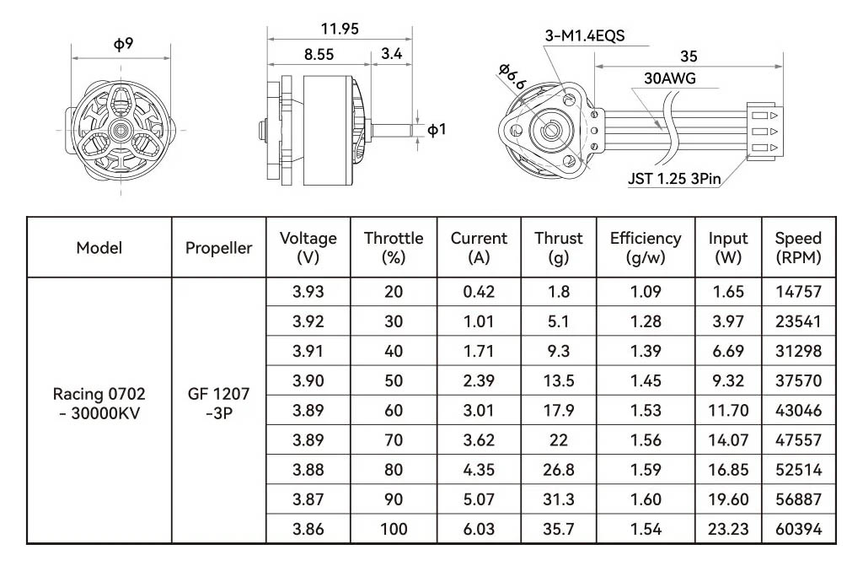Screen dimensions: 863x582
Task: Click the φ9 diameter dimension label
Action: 123,44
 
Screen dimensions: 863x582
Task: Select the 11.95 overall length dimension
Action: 340,29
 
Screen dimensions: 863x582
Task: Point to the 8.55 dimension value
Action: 319,55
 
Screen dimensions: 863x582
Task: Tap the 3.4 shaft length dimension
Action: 391,54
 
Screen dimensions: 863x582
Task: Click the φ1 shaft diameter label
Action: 437,130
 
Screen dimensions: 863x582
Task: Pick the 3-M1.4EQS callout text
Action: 585,35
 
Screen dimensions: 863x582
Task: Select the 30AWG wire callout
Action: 670,78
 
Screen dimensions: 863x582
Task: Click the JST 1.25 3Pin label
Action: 674,179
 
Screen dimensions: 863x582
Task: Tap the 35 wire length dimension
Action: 689,57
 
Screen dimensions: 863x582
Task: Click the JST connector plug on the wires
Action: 764,131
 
